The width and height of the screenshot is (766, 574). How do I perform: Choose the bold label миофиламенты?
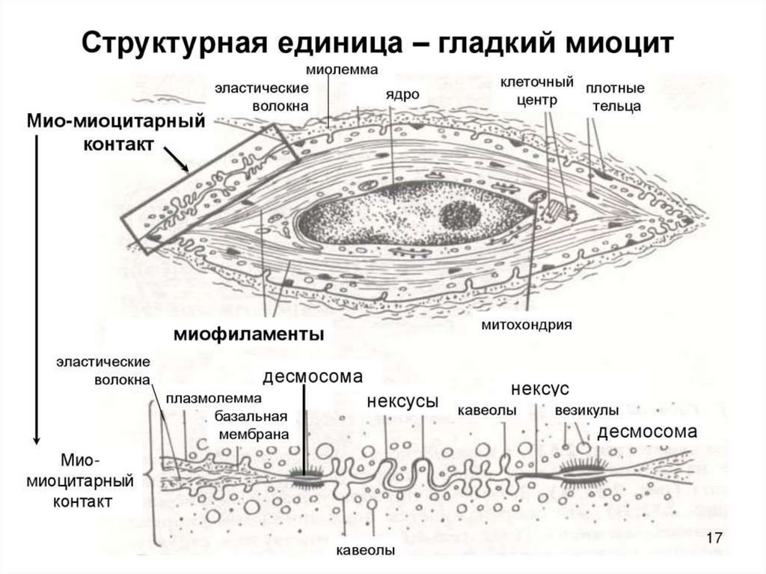(249, 334)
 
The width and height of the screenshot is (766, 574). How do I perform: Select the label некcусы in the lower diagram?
(402, 400)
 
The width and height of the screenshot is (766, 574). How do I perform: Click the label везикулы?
(586, 411)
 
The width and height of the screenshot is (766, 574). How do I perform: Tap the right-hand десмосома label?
(647, 432)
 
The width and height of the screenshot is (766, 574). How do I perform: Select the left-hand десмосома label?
(312, 376)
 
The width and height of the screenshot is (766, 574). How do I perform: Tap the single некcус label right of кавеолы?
(540, 389)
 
